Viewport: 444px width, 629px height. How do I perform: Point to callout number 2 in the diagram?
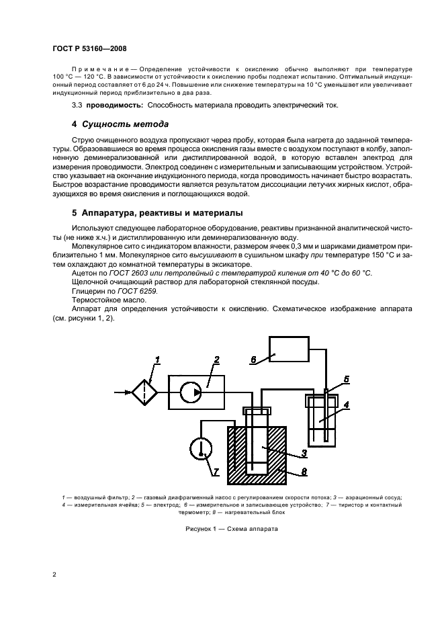pyautogui.click(x=216, y=361)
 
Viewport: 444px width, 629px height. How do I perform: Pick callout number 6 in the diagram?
pyautogui.click(x=254, y=360)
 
